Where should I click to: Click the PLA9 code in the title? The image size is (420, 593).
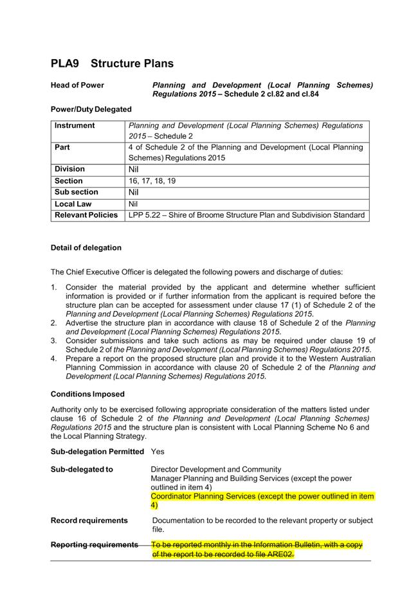[x=66, y=64]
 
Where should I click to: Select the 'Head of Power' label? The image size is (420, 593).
[x=77, y=85]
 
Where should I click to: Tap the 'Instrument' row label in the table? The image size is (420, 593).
[x=75, y=126]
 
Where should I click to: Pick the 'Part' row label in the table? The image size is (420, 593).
[x=62, y=147]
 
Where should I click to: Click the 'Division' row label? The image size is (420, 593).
[x=69, y=170]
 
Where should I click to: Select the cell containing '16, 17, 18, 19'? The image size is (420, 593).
[x=152, y=181]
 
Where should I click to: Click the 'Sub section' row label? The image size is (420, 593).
[x=77, y=192]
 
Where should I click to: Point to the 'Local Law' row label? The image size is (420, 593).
[x=73, y=204]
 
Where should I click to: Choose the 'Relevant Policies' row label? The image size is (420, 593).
[x=86, y=215]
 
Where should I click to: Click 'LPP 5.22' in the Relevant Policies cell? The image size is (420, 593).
[x=145, y=215]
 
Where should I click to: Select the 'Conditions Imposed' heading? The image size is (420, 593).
[x=87, y=394]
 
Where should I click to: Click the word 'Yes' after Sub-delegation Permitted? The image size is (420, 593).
[x=158, y=452]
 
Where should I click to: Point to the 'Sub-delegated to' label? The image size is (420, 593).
[x=82, y=470]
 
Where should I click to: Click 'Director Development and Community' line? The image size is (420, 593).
[x=215, y=470]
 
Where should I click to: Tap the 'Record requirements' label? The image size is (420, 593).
[x=89, y=520]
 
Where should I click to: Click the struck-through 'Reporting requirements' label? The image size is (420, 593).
[x=94, y=545]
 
